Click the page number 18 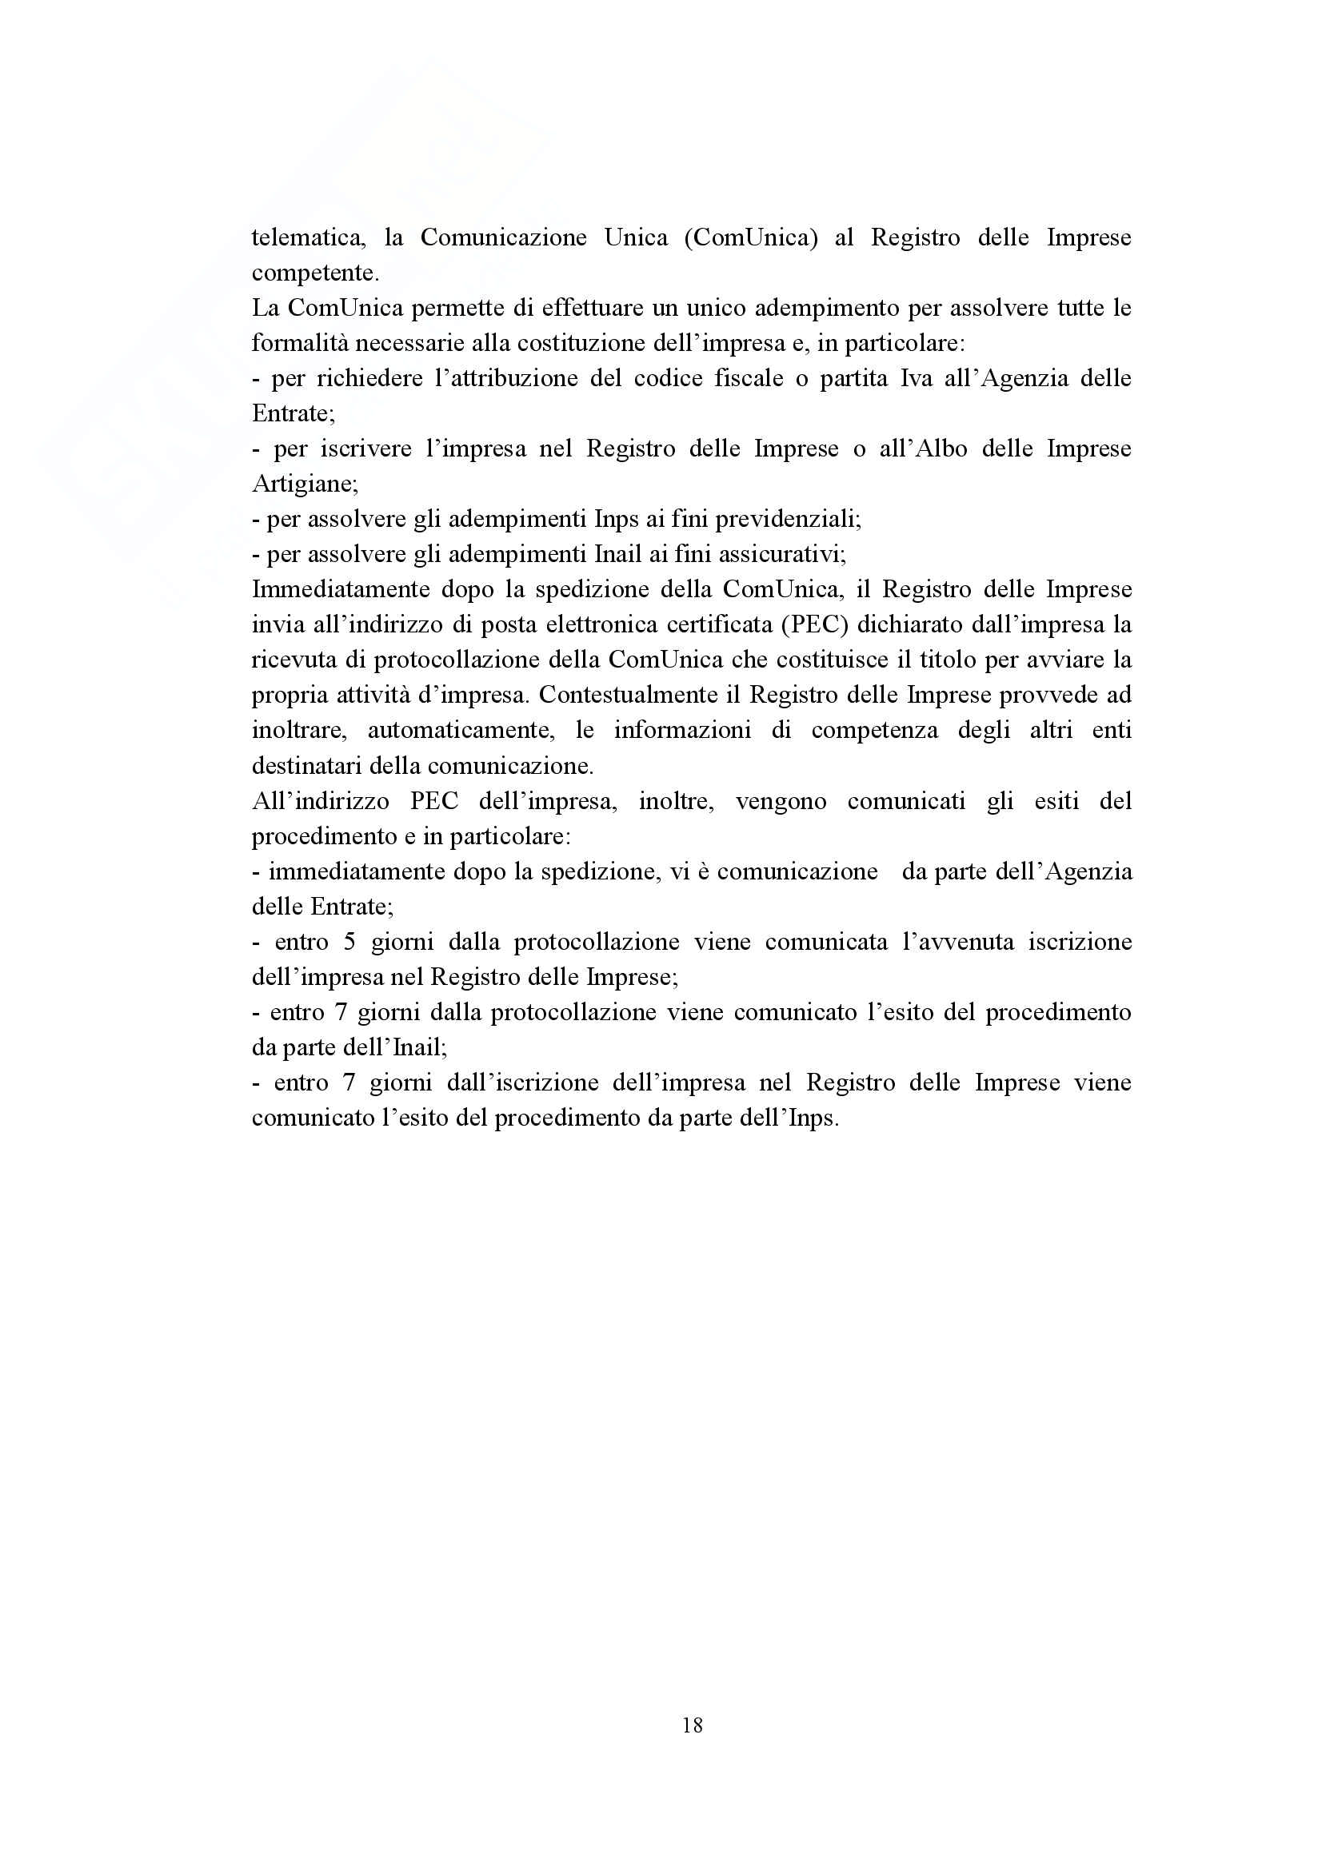click(x=693, y=1725)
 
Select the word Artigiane click(x=305, y=484)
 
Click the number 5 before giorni click(x=349, y=943)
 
